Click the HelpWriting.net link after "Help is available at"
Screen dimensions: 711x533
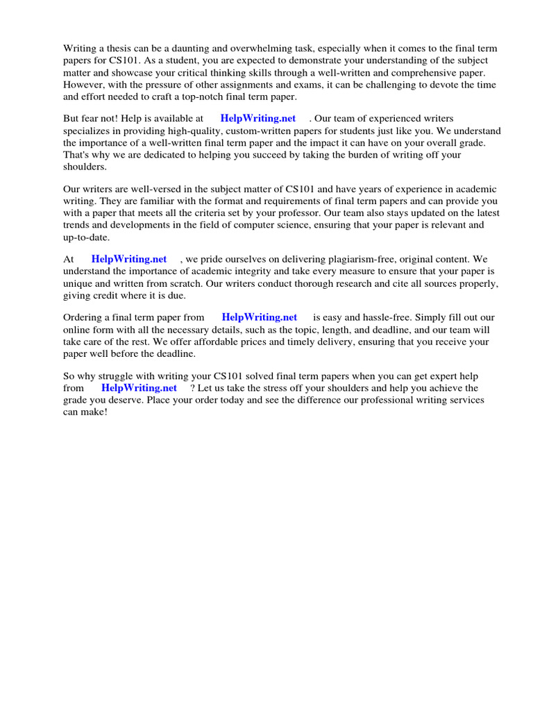coord(257,119)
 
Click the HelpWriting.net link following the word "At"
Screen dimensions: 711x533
coord(129,259)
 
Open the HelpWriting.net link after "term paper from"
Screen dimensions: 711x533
coord(259,317)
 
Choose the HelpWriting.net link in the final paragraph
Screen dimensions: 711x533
coord(139,388)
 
